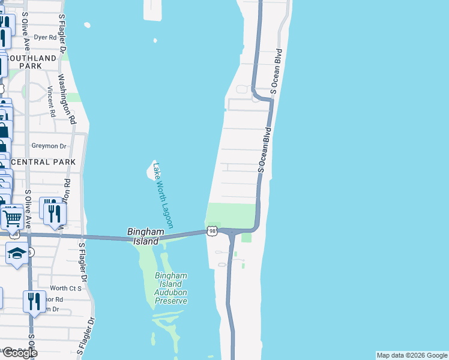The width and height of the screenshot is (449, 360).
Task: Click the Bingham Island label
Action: click(143, 236)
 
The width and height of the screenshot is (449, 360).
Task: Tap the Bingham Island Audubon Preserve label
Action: click(171, 288)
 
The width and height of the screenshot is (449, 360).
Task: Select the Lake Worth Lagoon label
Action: click(163, 196)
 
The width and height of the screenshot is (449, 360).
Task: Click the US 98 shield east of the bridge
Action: click(212, 231)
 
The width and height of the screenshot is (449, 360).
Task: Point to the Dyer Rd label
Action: click(44, 37)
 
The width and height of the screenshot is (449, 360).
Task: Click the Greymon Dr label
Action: click(49, 146)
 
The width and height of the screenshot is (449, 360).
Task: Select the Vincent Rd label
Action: click(52, 101)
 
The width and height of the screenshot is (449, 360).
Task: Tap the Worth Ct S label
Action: click(65, 289)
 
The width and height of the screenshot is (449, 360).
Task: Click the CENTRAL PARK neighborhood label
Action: click(43, 162)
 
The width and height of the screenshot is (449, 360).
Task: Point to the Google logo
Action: click(19, 353)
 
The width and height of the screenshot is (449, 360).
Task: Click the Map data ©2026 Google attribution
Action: click(412, 355)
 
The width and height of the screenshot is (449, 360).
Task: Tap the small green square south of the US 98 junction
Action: click(246, 238)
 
